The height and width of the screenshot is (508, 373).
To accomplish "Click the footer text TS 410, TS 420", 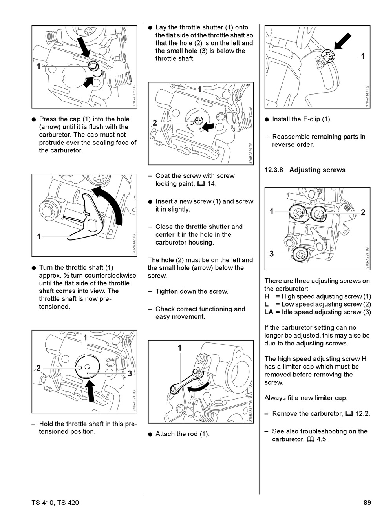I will point(55,502).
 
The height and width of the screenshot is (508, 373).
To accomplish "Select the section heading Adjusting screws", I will point(317,170).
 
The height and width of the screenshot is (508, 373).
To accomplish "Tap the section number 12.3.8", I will point(274,170).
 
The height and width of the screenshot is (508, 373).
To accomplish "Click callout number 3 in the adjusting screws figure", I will point(271,254).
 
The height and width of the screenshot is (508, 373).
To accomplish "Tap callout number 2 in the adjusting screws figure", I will point(363,212).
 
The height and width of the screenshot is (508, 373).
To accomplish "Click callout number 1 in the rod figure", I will point(180,348).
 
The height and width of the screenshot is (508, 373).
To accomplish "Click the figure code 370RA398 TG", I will point(367,258).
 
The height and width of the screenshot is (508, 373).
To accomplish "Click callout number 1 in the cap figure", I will point(38,66).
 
